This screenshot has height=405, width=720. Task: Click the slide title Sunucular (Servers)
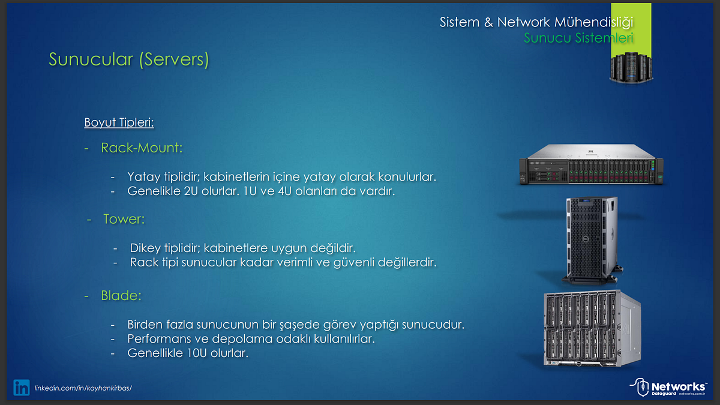click(128, 60)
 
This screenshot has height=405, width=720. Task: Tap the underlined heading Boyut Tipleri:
click(119, 123)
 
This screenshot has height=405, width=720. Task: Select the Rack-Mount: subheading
click(142, 147)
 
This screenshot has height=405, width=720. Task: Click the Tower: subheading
click(124, 219)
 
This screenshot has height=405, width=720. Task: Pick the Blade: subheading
click(121, 296)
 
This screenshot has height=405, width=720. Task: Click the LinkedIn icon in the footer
click(22, 388)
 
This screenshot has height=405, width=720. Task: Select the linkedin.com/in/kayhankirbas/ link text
click(83, 388)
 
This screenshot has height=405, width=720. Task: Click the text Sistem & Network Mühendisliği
click(536, 23)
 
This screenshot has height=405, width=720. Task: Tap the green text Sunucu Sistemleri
click(578, 38)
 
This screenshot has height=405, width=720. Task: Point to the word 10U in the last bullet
click(196, 353)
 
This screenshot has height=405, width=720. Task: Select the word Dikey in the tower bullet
click(144, 248)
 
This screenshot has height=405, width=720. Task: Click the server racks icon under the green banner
click(631, 67)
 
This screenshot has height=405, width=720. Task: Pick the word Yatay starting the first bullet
click(142, 177)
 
